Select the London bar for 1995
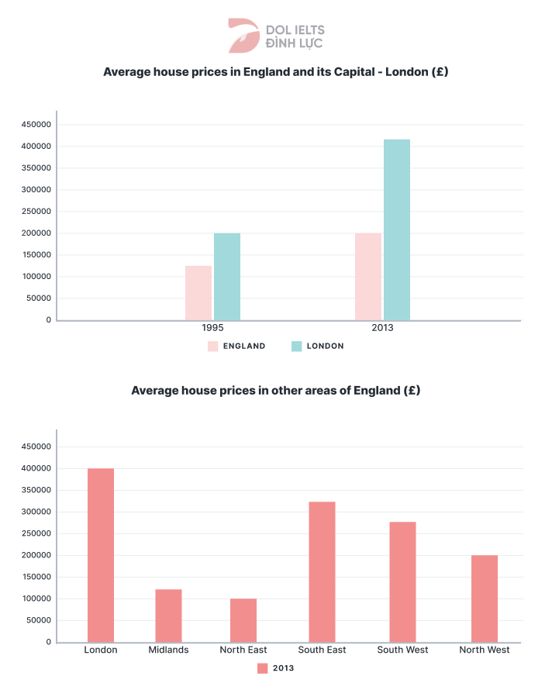(227, 277)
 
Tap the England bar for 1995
(198, 293)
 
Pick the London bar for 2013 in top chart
(396, 229)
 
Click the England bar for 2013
(368, 277)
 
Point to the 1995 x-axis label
(213, 328)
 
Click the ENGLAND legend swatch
(213, 347)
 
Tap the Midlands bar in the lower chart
(168, 616)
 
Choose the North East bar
(243, 620)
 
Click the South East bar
(322, 571)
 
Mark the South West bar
(402, 581)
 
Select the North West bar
(485, 599)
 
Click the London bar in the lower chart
(101, 555)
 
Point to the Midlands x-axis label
(168, 650)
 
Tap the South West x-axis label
(402, 650)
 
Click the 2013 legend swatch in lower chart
(262, 668)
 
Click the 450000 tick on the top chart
(36, 125)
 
